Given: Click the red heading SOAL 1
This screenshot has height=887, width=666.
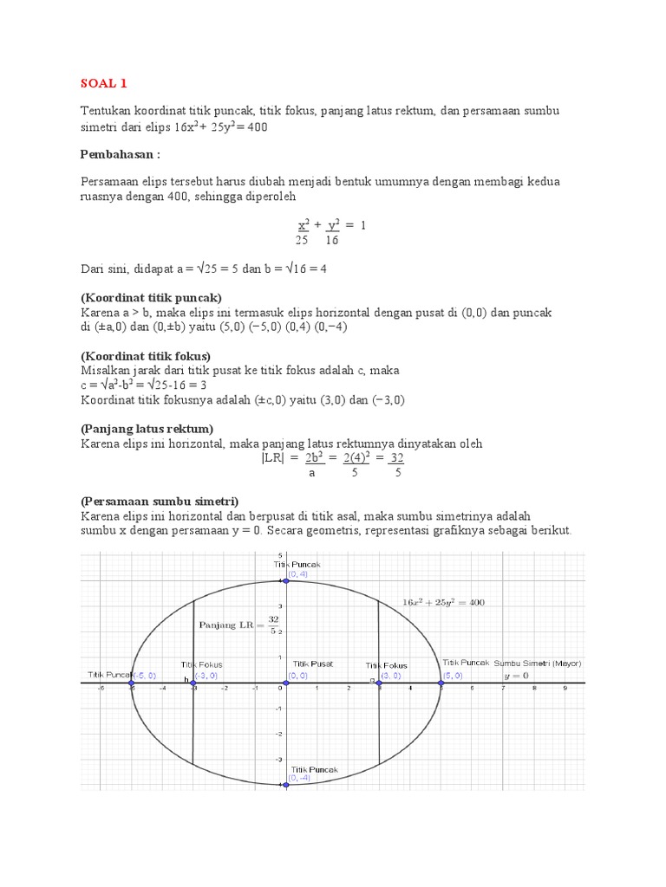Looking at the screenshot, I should (x=104, y=84).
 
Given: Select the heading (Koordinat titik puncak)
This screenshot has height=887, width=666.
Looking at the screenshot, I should (x=152, y=297).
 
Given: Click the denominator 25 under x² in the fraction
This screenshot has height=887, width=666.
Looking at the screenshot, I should (x=302, y=240).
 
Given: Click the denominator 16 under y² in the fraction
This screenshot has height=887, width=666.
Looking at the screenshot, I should (x=332, y=240).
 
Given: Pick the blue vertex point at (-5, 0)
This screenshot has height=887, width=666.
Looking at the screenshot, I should (x=132, y=683).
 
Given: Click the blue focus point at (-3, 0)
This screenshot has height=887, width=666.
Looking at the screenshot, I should (x=193, y=683).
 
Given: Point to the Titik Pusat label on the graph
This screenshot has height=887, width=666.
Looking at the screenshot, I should (x=313, y=664).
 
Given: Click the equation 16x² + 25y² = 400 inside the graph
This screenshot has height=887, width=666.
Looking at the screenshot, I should (x=444, y=602).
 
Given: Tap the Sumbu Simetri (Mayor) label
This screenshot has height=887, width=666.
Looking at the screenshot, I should (x=538, y=664).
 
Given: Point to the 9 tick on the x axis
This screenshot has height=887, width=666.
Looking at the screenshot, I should (x=565, y=690).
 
